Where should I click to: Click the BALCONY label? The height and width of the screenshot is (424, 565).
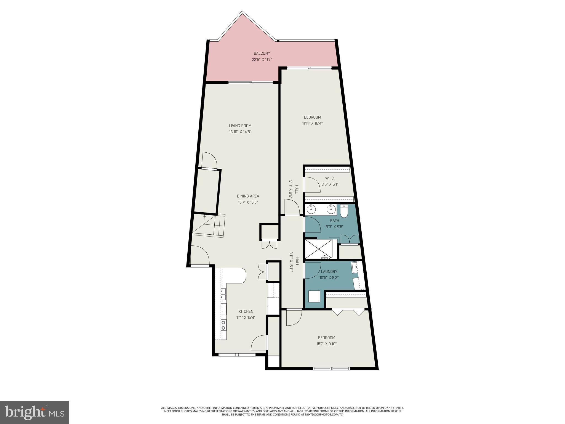pyautogui.click(x=262, y=53)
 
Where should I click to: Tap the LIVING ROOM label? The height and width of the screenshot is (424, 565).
pyautogui.click(x=240, y=126)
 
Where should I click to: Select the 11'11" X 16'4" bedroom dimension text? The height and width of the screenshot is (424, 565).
pyautogui.click(x=312, y=123)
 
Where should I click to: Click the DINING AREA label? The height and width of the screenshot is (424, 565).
pyautogui.click(x=248, y=196)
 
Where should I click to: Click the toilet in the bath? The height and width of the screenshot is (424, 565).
pyautogui.click(x=344, y=212)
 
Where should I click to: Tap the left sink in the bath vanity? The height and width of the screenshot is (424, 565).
pyautogui.click(x=311, y=210)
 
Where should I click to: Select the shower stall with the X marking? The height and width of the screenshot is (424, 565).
pyautogui.click(x=319, y=249)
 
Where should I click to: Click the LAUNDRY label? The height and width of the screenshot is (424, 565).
pyautogui.click(x=329, y=272)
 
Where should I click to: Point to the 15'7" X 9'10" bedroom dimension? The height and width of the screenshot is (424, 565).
pyautogui.click(x=327, y=344)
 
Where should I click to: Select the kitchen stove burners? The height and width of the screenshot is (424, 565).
pyautogui.click(x=223, y=325)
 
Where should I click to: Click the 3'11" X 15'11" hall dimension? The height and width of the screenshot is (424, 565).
pyautogui.click(x=291, y=262)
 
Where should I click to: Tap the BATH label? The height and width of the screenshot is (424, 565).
pyautogui.click(x=334, y=221)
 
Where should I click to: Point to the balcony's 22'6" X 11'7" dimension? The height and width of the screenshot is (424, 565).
pyautogui.click(x=262, y=59)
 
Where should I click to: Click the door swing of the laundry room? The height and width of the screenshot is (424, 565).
pyautogui.click(x=312, y=271)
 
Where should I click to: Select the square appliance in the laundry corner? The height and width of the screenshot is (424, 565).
pyautogui.click(x=314, y=297)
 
